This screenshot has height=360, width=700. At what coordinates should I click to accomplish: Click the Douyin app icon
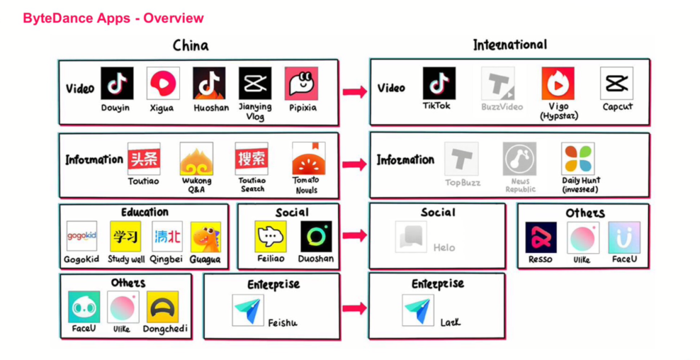pos(117,84)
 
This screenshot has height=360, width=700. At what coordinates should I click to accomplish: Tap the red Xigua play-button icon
pos(163,84)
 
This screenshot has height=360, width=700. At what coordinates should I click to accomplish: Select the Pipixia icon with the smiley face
pos(301,84)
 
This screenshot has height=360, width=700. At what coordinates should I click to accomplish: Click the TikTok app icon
pos(439,84)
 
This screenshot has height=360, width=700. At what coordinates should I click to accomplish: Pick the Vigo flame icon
pos(558,84)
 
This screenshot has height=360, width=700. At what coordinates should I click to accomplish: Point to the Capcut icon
pos(616,84)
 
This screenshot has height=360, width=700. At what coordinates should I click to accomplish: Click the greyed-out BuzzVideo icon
pos(498,84)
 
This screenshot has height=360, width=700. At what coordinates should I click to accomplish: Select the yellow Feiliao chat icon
pos(270,237)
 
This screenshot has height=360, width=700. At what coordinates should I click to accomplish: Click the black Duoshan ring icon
pos(316,237)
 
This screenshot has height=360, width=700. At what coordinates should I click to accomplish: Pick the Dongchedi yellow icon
pos(162,307)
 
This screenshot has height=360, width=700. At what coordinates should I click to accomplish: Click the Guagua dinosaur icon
pos(205,237)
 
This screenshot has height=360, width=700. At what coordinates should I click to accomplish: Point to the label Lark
pos(450,322)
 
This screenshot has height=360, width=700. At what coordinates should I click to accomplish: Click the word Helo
pos(444,247)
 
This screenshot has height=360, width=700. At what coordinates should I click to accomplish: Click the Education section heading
pos(145,212)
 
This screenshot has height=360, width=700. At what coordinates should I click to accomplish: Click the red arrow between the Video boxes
pos(354,91)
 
